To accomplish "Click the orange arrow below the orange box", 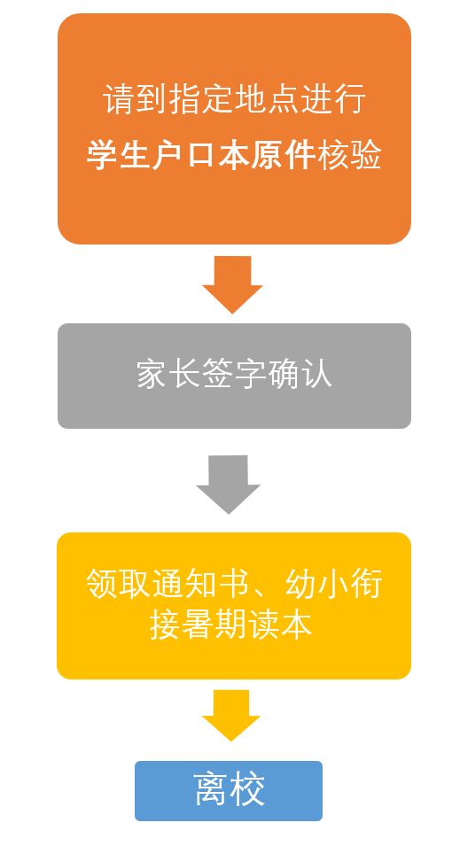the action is tap(232, 284).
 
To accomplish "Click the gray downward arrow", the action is tap(228, 484).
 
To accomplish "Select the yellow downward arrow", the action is tap(231, 715).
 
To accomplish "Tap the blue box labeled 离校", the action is tap(229, 790).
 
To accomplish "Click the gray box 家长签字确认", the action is tap(234, 376).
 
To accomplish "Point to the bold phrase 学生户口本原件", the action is tap(201, 155).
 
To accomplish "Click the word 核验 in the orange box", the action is tap(349, 155).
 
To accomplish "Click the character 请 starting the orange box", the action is tap(119, 98).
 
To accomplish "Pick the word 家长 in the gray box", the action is tap(168, 374).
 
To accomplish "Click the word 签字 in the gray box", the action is tap(234, 374).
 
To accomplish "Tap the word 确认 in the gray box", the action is tap(300, 374).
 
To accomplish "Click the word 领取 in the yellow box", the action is tap(118, 583).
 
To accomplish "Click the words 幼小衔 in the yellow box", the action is tap(333, 583).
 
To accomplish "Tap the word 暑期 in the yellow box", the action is tap(214, 625).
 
